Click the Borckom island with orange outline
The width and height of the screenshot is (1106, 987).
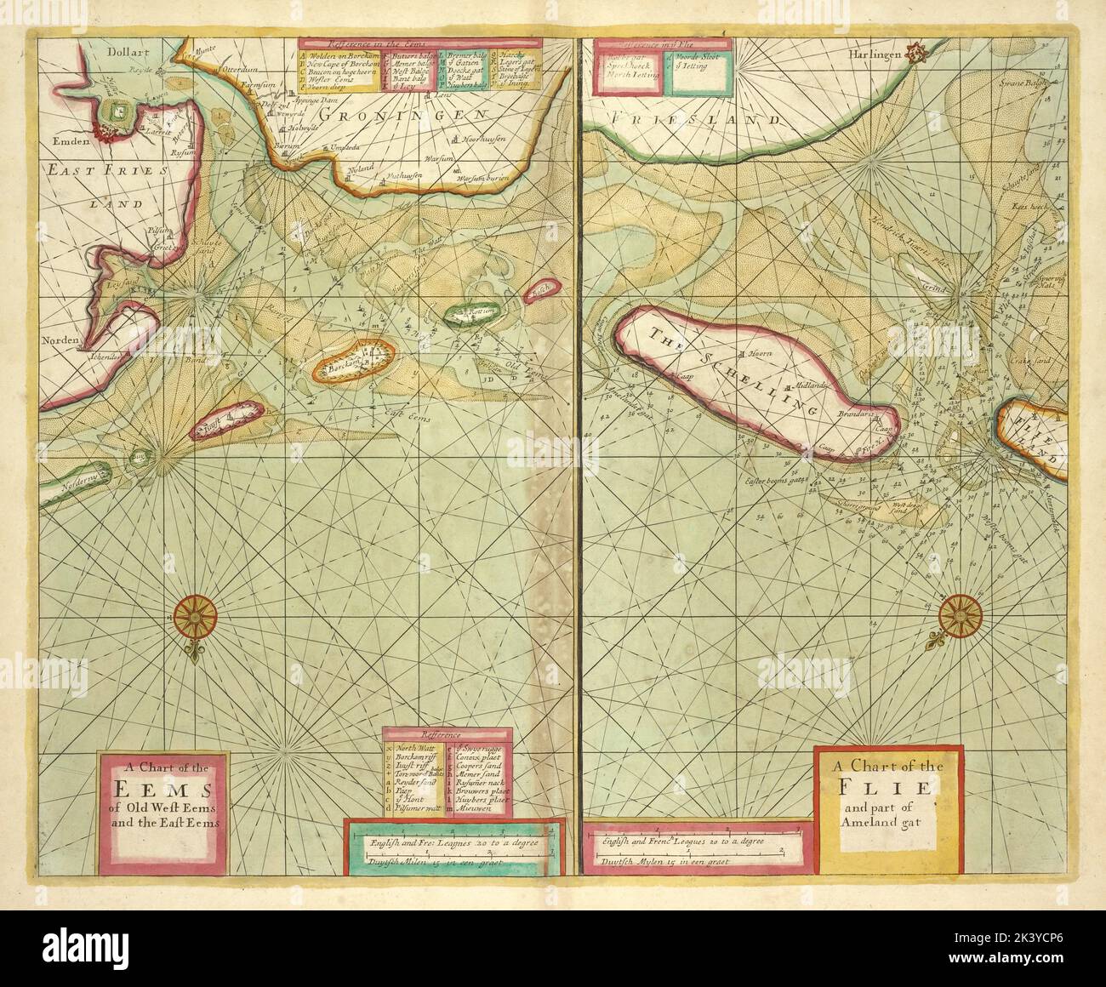355,362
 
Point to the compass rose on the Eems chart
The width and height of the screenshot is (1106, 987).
197,615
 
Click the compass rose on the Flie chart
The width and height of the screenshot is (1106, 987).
962,610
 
